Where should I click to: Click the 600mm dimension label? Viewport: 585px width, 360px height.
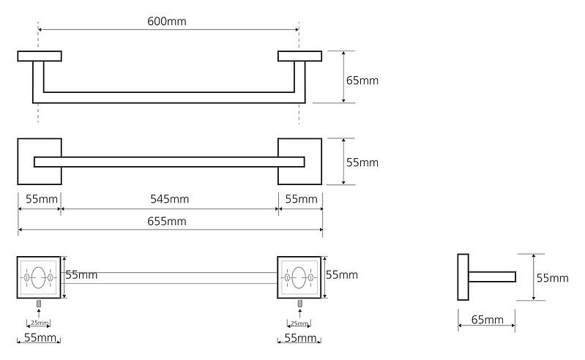(167, 21)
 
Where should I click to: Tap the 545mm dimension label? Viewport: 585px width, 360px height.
(169, 199)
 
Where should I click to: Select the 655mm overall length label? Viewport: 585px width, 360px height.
(167, 222)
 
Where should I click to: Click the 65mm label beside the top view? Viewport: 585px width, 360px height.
(362, 80)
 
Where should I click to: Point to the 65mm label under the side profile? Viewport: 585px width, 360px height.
(487, 320)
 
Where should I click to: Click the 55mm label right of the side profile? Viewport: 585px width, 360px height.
(553, 278)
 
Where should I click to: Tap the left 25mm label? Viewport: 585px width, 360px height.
(40, 323)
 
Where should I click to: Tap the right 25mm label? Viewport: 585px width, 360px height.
(299, 323)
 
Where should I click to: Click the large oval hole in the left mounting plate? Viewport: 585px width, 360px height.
(38, 277)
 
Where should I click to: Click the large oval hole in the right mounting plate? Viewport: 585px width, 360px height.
(299, 277)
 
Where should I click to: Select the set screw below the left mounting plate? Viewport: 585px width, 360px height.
(38, 304)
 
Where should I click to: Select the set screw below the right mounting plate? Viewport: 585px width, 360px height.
(299, 304)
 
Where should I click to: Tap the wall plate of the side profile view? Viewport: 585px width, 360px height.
(463, 277)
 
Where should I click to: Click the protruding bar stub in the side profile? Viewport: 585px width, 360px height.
(492, 277)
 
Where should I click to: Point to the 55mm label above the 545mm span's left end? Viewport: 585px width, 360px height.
(42, 199)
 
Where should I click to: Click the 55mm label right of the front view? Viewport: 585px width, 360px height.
(362, 162)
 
